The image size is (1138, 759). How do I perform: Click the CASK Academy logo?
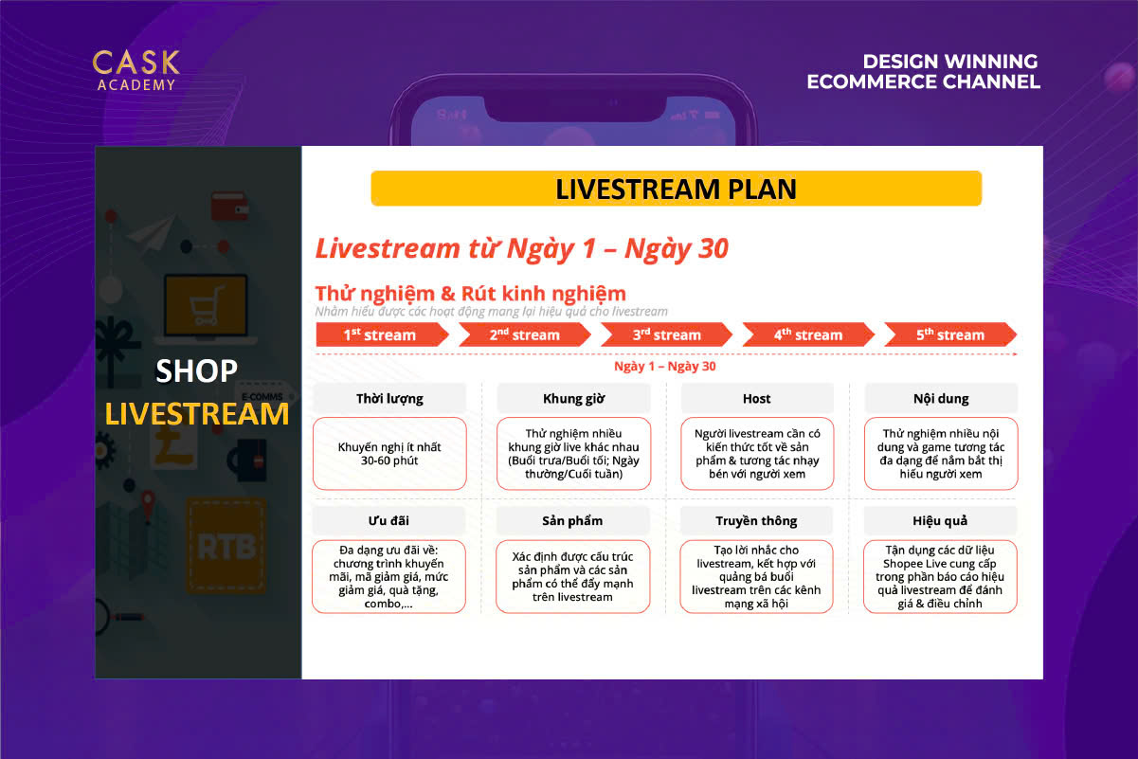[135, 70]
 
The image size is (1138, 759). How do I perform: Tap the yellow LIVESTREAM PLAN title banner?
[677, 189]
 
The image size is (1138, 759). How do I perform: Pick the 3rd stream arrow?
[666, 334]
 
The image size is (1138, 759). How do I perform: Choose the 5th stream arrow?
[950, 334]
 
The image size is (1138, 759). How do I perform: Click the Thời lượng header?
[389, 398]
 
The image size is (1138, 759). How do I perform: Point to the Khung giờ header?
[573, 398]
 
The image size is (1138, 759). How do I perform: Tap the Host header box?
[757, 398]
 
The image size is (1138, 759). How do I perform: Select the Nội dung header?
[941, 398]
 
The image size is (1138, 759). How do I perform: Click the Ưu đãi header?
[388, 520]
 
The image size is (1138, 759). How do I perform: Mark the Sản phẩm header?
[572, 520]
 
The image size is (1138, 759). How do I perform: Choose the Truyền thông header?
[756, 520]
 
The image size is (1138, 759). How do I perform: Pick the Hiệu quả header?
[940, 520]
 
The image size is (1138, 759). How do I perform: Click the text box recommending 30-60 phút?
[389, 454]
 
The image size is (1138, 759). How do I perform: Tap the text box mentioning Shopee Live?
[940, 577]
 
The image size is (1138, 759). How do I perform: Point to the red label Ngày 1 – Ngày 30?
[665, 366]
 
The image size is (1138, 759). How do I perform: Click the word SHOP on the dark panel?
[196, 370]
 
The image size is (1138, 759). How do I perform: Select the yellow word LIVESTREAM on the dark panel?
[197, 413]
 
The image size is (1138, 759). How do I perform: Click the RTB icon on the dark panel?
[226, 547]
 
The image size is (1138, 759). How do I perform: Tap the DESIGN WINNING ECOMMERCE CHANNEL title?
[924, 72]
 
